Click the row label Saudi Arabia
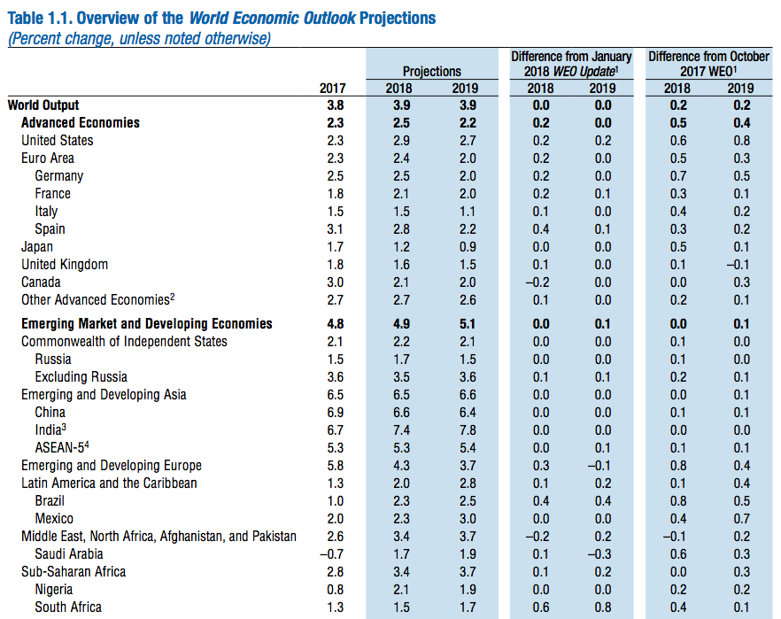click(69, 553)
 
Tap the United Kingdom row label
click(65, 264)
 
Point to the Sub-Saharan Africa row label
click(73, 571)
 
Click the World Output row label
click(43, 104)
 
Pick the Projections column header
click(432, 71)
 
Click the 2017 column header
click(332, 88)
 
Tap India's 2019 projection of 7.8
click(465, 429)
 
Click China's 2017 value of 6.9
click(335, 412)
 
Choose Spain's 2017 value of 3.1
click(335, 228)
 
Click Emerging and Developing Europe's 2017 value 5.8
click(335, 465)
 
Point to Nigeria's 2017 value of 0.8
click(335, 589)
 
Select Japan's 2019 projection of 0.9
click(465, 246)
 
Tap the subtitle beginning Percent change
click(139, 38)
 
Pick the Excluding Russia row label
click(80, 376)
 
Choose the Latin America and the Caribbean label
click(109, 483)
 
